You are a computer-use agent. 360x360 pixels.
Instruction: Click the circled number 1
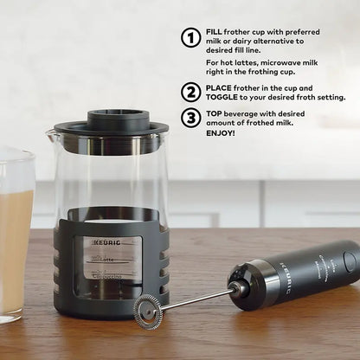tap(191, 37)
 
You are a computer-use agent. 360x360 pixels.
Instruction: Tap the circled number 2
tap(191, 92)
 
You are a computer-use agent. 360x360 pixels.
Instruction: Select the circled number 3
tap(191, 118)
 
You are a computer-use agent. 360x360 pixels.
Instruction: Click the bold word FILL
tap(214, 30)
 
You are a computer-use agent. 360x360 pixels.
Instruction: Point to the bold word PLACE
tap(221, 87)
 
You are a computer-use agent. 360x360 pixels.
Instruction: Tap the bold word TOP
tap(215, 113)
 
